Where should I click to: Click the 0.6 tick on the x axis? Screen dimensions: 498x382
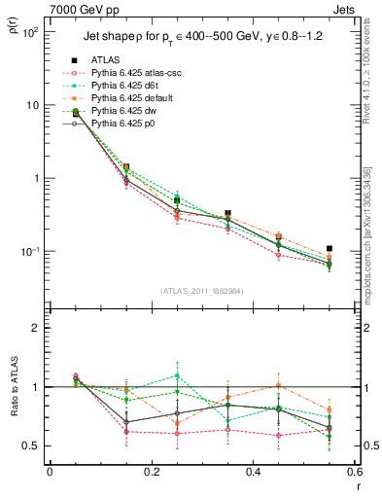pyautogui.click(x=354, y=473)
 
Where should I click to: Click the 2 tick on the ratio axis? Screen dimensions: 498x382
pyautogui.click(x=37, y=328)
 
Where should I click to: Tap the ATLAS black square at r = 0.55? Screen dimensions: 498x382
pyautogui.click(x=330, y=249)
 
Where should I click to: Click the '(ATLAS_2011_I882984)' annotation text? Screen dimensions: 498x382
pyautogui.click(x=201, y=291)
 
